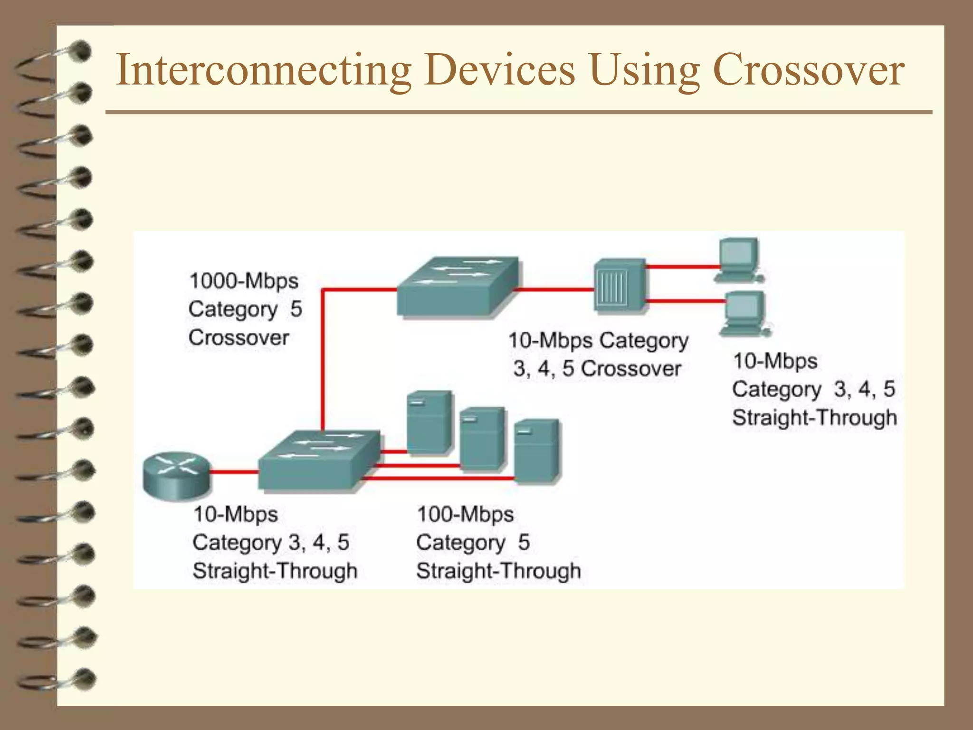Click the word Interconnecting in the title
click(263, 70)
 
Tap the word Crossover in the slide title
click(809, 70)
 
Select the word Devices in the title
click(499, 70)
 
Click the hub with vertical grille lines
click(620, 285)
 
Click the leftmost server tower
click(429, 422)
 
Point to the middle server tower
click(482, 438)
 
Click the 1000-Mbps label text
click(244, 281)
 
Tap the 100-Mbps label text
click(465, 514)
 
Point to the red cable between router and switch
click(234, 472)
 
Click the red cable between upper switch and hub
click(555, 288)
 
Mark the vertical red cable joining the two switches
click(323, 361)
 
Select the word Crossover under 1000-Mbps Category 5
click(238, 338)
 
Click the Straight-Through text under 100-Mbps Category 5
click(498, 570)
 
